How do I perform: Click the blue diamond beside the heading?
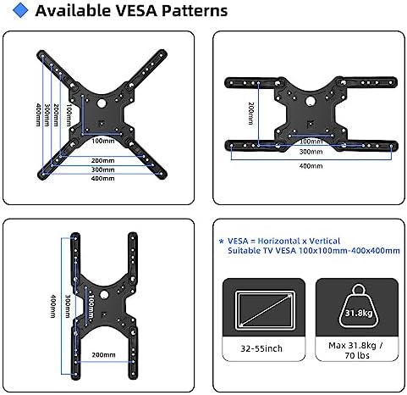[20, 10]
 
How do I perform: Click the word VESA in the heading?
[136, 11]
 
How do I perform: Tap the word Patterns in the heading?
[195, 11]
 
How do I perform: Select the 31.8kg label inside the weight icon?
[359, 313]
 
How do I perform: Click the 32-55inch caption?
[261, 348]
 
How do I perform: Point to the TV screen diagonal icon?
[265, 310]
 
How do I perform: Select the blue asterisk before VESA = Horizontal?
[222, 242]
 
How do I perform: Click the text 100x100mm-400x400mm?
[349, 251]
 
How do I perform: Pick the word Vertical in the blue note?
[325, 241]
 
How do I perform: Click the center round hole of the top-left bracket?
[102, 103]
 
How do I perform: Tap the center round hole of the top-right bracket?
[311, 101]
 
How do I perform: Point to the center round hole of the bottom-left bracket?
[104, 295]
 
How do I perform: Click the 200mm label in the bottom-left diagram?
[103, 355]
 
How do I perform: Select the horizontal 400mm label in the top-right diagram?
[311, 166]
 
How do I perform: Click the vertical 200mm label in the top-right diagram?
[250, 114]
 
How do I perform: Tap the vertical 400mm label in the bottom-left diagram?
[52, 306]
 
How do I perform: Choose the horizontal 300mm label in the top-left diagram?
[103, 170]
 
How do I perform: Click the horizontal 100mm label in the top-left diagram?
[103, 141]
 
